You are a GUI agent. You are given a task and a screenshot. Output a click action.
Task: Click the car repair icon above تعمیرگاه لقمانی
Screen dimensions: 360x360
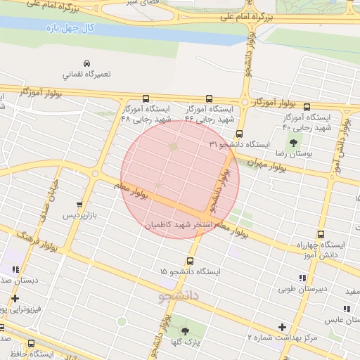(86, 63)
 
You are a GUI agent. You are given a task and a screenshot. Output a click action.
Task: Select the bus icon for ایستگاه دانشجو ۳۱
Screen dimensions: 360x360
(239, 133)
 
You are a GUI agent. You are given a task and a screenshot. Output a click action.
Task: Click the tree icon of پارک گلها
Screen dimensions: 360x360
(185, 330)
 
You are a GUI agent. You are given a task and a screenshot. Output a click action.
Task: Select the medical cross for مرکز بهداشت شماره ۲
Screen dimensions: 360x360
(282, 327)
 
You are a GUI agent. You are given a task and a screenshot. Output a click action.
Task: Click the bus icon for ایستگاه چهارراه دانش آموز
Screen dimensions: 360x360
(321, 235)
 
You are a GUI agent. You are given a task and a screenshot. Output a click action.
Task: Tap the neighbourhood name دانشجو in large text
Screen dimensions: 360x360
(180, 295)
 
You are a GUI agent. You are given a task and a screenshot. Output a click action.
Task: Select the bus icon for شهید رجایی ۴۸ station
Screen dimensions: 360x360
(146, 99)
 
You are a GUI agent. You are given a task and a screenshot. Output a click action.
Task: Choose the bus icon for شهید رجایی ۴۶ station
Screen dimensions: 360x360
(209, 99)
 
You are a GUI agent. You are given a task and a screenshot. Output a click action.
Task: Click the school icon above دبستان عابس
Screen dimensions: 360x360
(345, 309)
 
